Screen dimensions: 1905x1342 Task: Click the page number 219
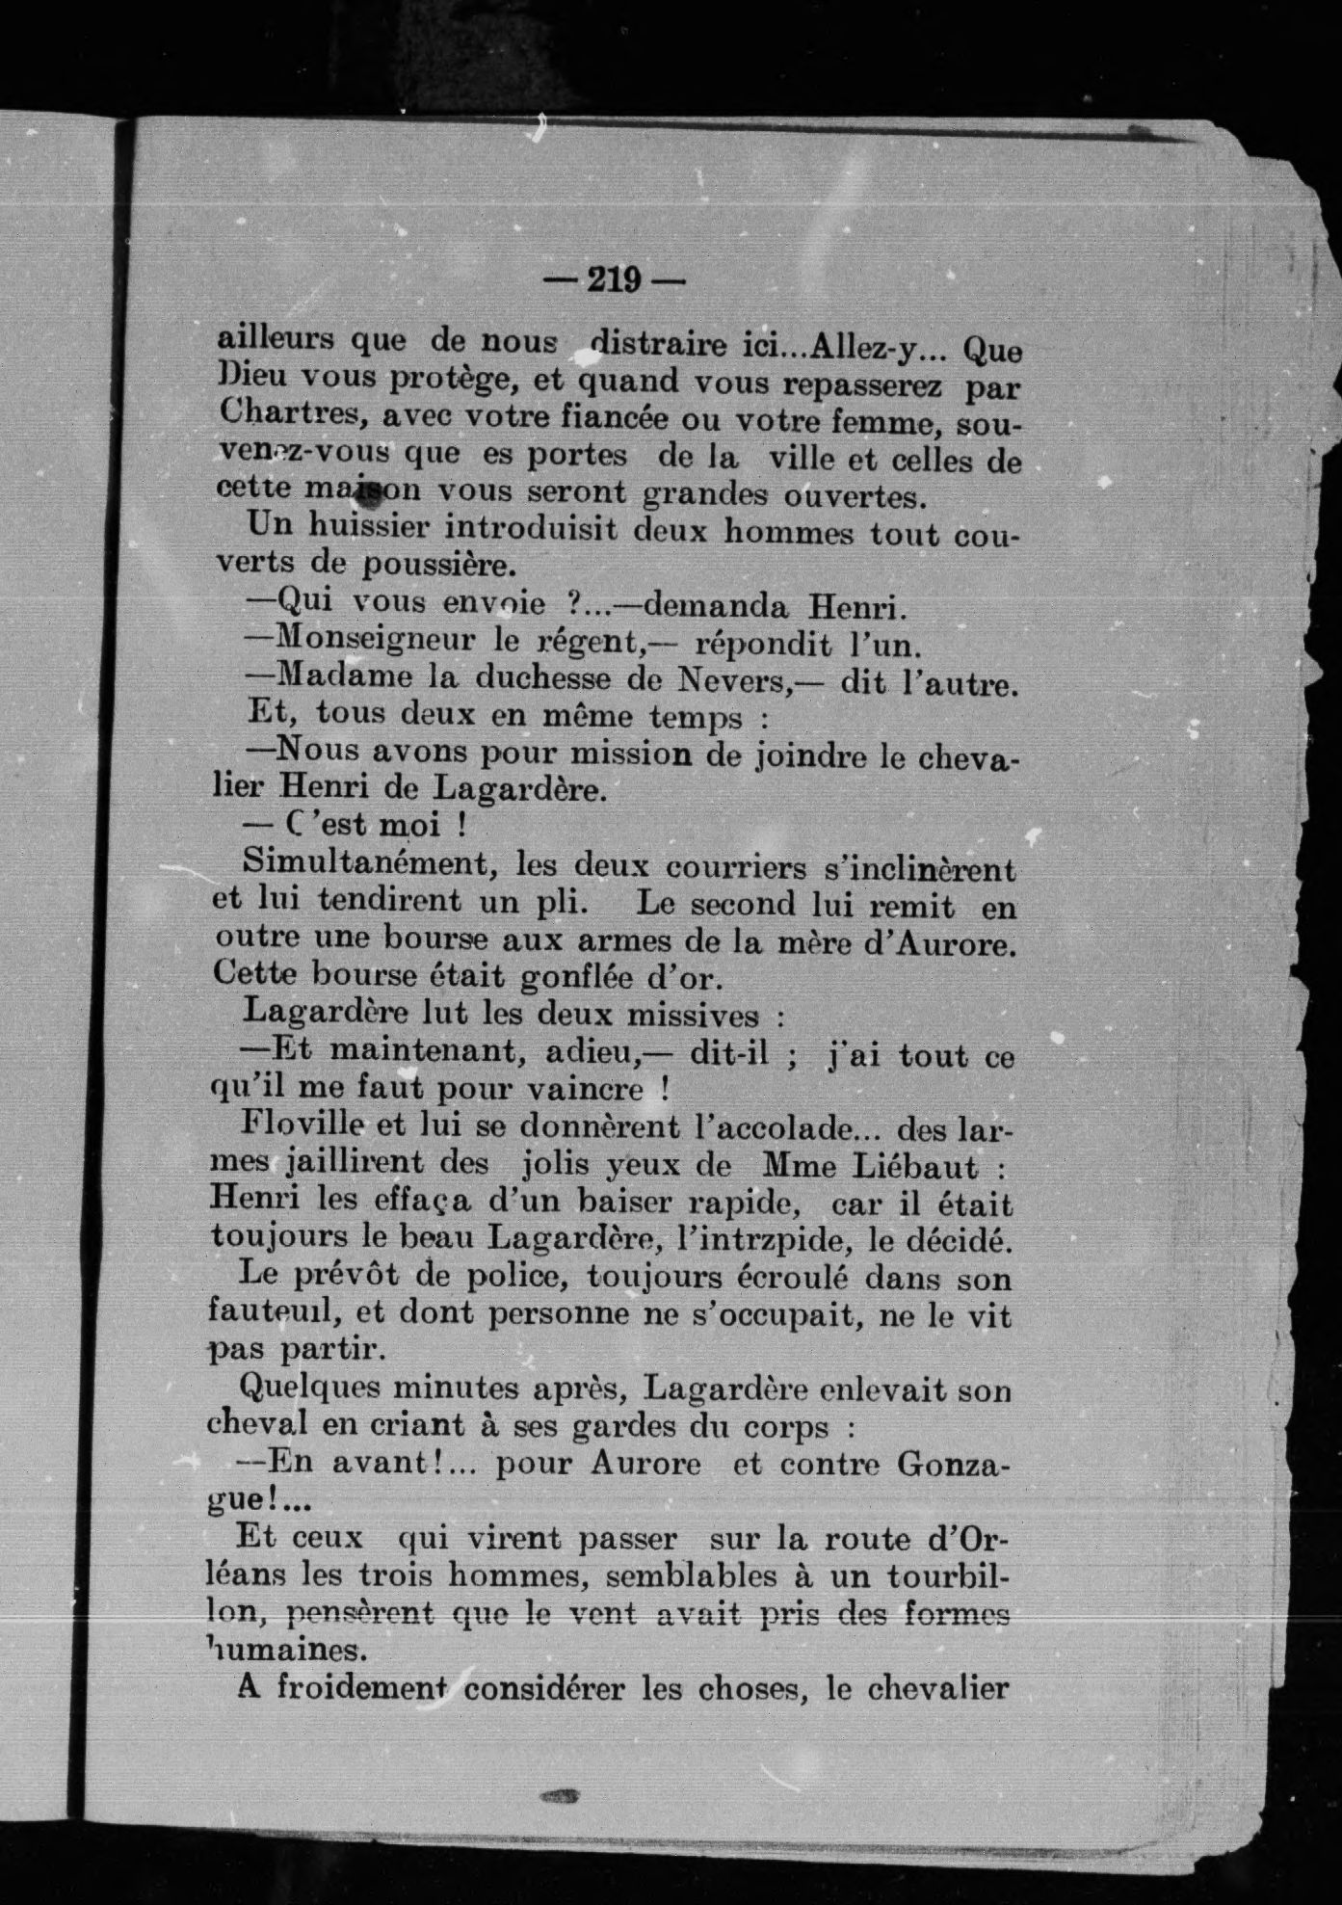coord(614,279)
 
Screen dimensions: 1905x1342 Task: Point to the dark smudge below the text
coord(562,1796)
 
